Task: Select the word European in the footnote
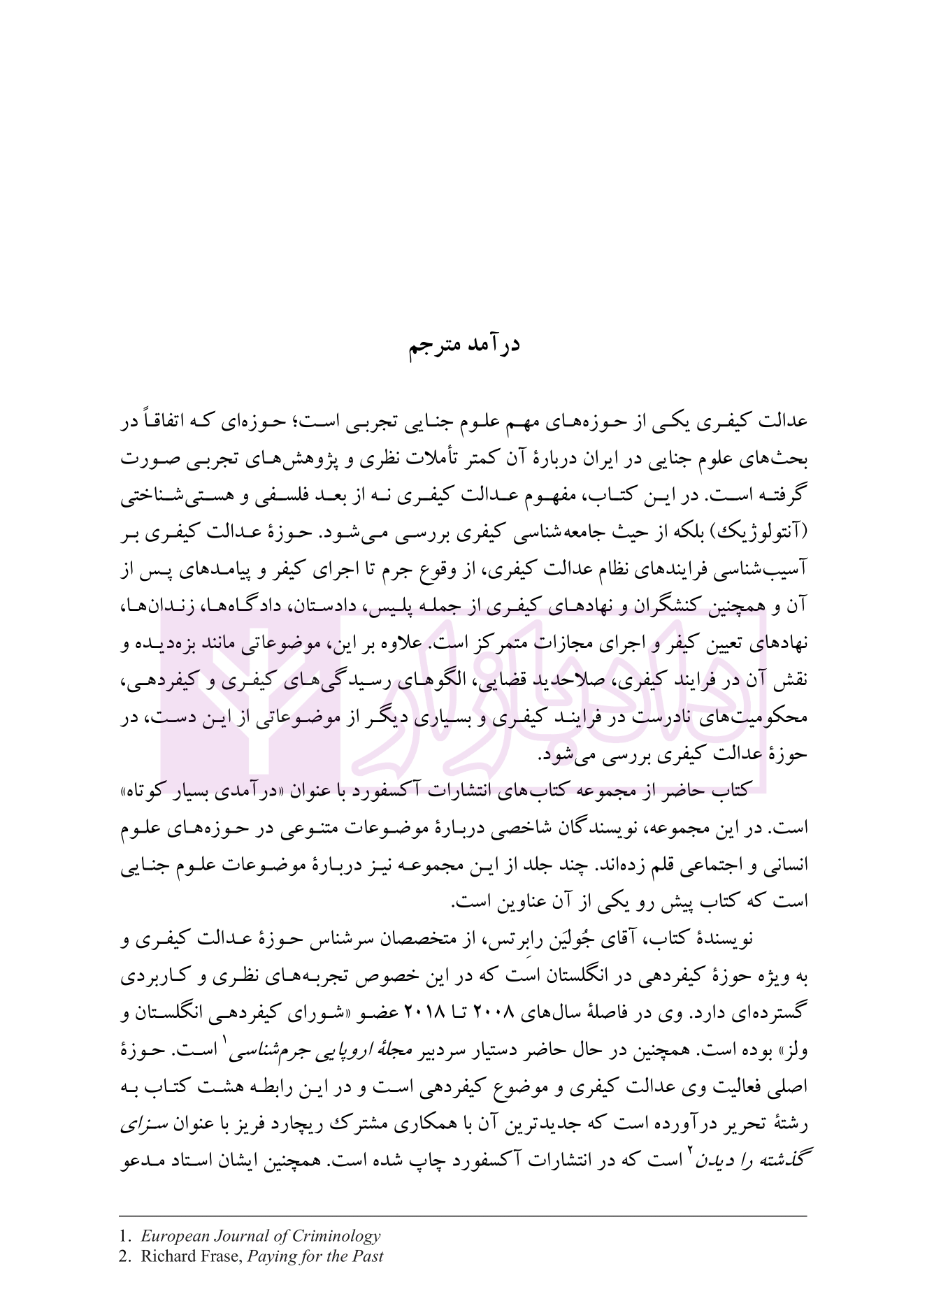tap(171, 1236)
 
